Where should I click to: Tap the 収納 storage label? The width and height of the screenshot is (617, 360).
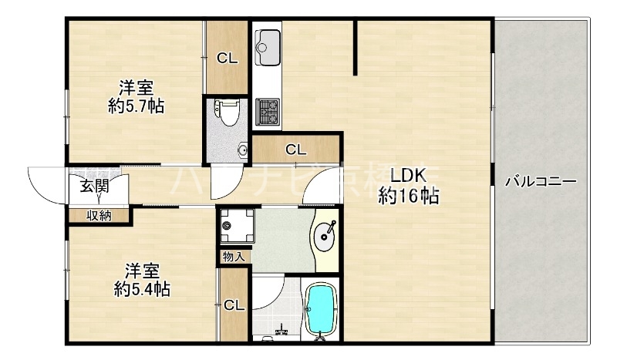[x=99, y=216]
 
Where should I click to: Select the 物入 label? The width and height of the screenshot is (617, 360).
[x=233, y=256]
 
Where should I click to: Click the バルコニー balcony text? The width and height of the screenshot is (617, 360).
[x=541, y=183]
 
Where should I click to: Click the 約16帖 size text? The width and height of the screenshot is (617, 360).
[x=408, y=197]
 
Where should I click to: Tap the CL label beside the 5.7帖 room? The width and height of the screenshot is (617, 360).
[x=227, y=58]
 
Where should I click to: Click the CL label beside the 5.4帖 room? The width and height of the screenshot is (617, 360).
[x=234, y=305]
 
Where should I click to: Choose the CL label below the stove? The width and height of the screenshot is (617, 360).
[x=295, y=150]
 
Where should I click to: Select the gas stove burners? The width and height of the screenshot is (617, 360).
[x=268, y=112]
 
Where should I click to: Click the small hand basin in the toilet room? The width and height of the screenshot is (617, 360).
[x=244, y=149]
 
